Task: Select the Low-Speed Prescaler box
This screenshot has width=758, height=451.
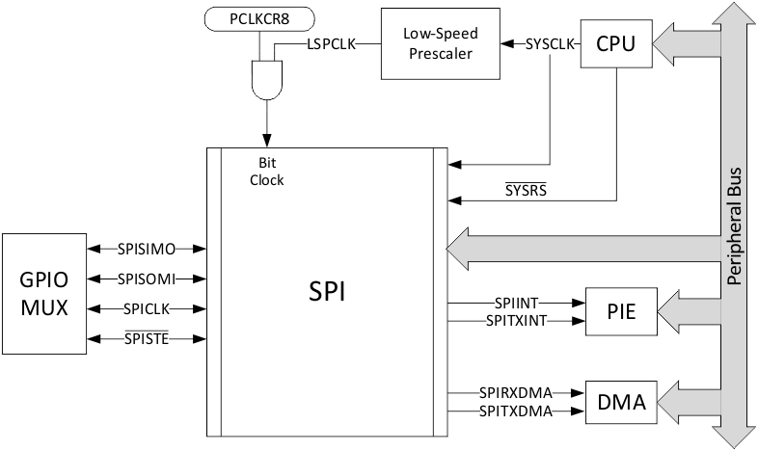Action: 439,44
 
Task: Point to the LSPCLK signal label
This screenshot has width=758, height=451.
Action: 333,44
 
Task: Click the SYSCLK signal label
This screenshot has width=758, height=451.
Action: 551,44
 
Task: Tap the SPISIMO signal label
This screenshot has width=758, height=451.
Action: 146,249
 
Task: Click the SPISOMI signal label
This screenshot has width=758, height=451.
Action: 146,279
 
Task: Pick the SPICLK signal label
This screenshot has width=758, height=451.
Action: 146,309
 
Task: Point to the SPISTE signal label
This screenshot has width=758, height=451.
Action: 146,339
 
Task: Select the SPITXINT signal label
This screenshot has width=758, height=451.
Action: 516,319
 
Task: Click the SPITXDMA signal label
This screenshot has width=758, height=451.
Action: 516,411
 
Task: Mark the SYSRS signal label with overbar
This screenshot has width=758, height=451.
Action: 526,190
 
